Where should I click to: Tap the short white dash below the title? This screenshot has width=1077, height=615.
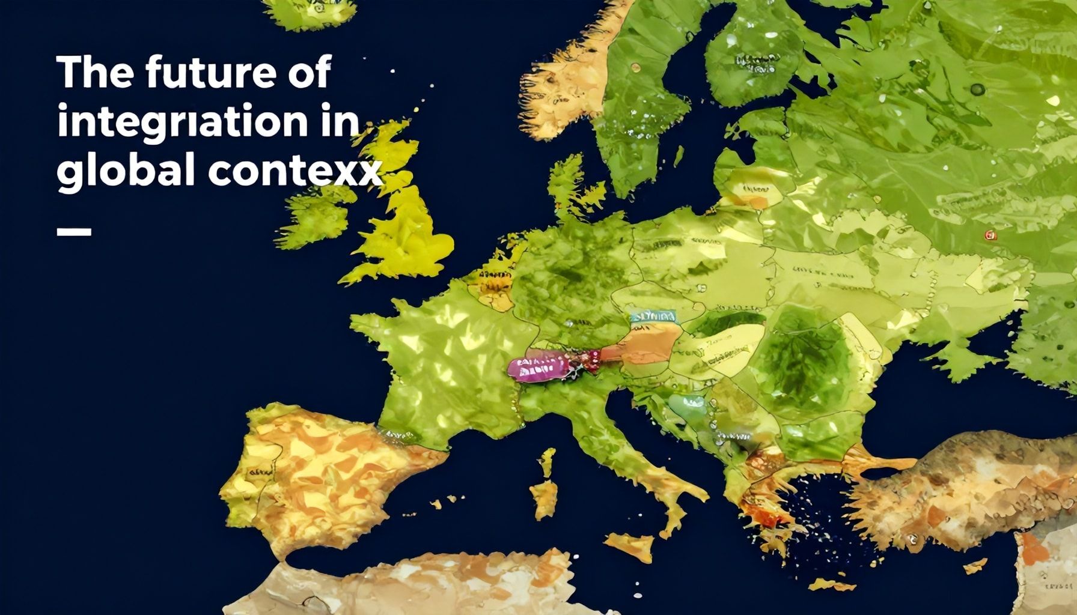coord(74,231)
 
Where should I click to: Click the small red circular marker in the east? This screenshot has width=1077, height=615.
coord(990,235)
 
